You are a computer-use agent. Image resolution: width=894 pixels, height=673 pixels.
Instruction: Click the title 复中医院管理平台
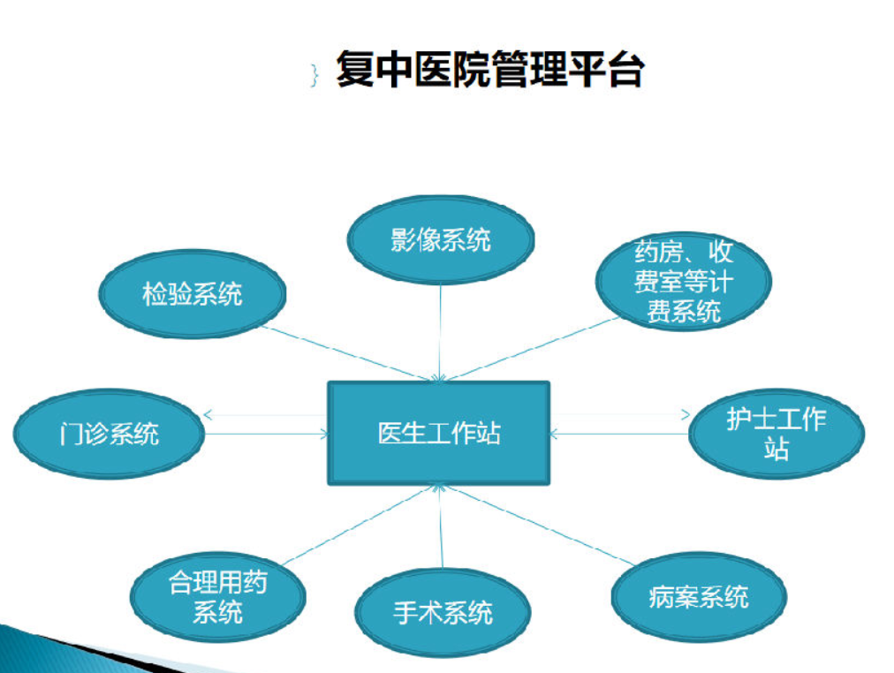coord(490,69)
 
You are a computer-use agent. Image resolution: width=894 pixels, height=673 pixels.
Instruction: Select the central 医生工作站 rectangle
coord(438,433)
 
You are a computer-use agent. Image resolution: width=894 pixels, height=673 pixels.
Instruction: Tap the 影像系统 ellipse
coord(440,239)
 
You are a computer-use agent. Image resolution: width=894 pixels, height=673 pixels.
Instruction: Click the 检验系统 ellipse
coord(193,294)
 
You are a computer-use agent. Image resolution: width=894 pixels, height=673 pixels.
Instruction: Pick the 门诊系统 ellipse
coord(109,435)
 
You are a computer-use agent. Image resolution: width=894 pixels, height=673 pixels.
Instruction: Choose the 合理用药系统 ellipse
coord(218,597)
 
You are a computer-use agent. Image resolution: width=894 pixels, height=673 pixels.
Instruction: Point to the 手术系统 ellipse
coord(443,613)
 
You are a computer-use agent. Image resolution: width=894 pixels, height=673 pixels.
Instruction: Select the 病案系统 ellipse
coord(699,597)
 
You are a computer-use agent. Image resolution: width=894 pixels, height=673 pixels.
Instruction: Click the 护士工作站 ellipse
coord(776,434)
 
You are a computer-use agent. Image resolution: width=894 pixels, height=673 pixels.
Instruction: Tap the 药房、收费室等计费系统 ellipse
coord(683,282)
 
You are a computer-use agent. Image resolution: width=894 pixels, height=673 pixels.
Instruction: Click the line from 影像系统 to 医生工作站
coord(440,332)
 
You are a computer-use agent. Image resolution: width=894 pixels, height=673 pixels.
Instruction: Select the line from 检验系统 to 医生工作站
coord(349,353)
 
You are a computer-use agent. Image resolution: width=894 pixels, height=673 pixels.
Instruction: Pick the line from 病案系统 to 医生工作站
coord(540,525)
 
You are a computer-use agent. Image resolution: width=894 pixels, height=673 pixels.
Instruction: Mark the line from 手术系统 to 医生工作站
coord(441,526)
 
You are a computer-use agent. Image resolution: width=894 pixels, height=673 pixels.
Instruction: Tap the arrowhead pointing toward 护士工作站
coord(686,415)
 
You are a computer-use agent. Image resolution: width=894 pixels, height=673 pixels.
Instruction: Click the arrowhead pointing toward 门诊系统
coord(208,415)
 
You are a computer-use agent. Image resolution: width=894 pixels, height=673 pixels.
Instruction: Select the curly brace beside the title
coord(314,75)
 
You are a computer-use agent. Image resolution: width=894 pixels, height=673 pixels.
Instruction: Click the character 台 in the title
coord(626,69)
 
